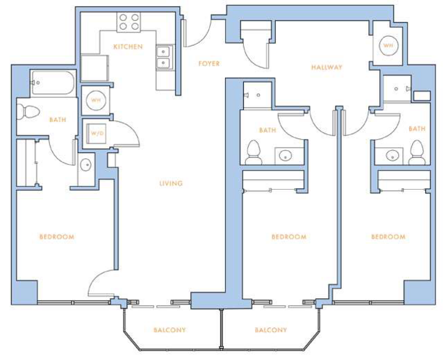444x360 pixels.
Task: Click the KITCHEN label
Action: [128, 47]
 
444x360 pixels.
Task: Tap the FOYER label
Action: [209, 63]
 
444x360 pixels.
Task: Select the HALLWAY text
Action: [327, 67]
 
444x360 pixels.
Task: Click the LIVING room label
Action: [171, 183]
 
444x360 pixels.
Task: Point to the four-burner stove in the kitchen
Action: [129, 22]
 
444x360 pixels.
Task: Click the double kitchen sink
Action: [163, 57]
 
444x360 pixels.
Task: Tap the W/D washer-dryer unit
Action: [97, 133]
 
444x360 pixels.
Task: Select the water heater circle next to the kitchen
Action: [97, 100]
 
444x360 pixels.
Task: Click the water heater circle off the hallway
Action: [389, 45]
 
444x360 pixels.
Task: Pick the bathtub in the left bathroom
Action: [53, 83]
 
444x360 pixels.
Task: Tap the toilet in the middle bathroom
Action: [254, 152]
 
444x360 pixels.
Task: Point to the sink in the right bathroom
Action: [393, 156]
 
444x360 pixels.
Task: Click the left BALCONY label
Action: [170, 330]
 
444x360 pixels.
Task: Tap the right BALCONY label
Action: [271, 330]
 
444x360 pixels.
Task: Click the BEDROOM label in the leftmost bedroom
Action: [57, 237]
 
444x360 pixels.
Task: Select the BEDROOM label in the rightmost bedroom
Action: [388, 237]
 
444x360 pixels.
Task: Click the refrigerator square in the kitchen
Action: [95, 68]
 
